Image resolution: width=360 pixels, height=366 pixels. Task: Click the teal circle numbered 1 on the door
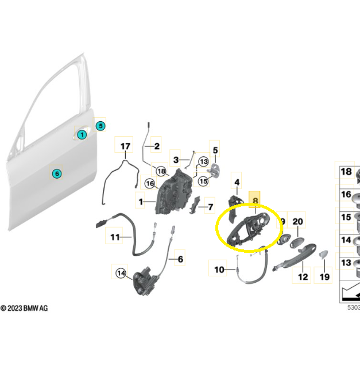coord(82,135)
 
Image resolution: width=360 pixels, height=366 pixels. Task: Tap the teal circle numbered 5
coord(100,125)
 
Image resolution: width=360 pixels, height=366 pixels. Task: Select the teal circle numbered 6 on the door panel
coord(56,174)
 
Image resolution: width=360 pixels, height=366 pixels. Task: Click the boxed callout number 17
coord(125,147)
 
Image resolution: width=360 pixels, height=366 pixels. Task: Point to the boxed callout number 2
coord(157,146)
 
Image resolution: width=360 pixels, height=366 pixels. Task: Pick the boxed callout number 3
coord(177,159)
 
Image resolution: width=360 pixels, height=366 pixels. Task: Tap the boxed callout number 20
coord(297,222)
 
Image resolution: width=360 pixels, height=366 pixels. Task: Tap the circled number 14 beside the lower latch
coord(121,273)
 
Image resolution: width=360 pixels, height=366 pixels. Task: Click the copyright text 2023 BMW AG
coord(25,309)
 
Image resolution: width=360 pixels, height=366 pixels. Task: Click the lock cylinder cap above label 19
coord(322,256)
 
